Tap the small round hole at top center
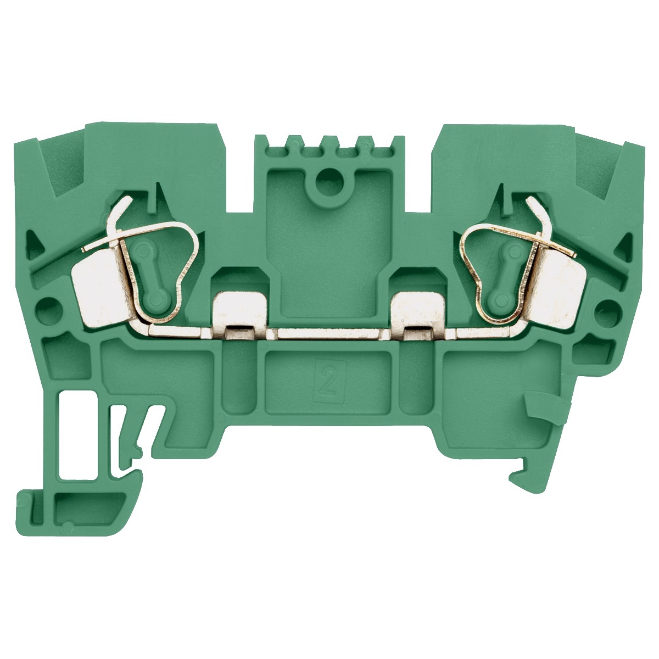tap(330, 177)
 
